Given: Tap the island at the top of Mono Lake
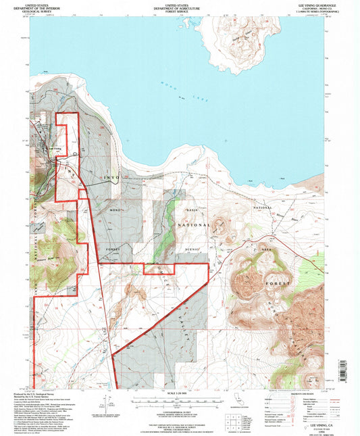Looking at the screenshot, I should (236, 44).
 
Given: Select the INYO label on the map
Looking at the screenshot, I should (109, 177).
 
